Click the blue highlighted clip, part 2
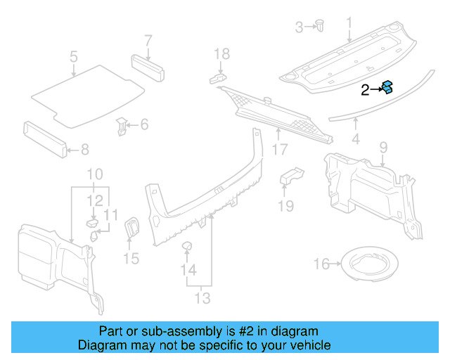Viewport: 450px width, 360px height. coord(387,88)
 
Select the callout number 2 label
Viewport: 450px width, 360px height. coord(365,90)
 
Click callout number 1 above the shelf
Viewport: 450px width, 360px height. coord(349,25)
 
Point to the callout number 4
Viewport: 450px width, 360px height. coord(356,139)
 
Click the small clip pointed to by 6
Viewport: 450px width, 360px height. coord(122,127)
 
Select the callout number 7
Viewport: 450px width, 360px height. coord(148,39)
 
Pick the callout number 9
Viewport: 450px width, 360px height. coord(383,146)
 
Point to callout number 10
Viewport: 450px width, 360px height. coord(94,174)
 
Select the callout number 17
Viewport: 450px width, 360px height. coord(280,150)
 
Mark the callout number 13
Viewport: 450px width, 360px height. coord(202,299)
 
